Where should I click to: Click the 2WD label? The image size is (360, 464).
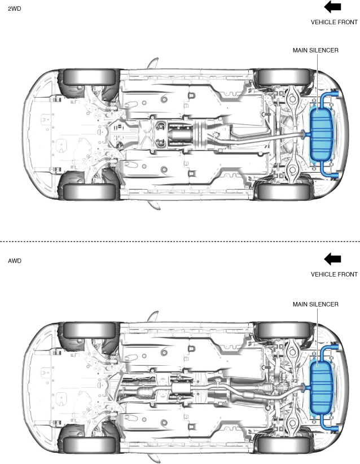(x=14, y=9)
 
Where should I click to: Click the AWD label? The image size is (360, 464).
(x=14, y=261)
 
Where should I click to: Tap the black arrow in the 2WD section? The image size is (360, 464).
(x=332, y=7)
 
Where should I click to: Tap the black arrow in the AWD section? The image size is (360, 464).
(x=332, y=259)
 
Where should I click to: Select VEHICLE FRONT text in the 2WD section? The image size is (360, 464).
(x=334, y=22)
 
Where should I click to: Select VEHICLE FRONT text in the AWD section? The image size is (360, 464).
(x=334, y=274)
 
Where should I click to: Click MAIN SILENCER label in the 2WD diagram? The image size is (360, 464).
(x=315, y=50)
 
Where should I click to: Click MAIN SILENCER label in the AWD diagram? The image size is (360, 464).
(x=315, y=304)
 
